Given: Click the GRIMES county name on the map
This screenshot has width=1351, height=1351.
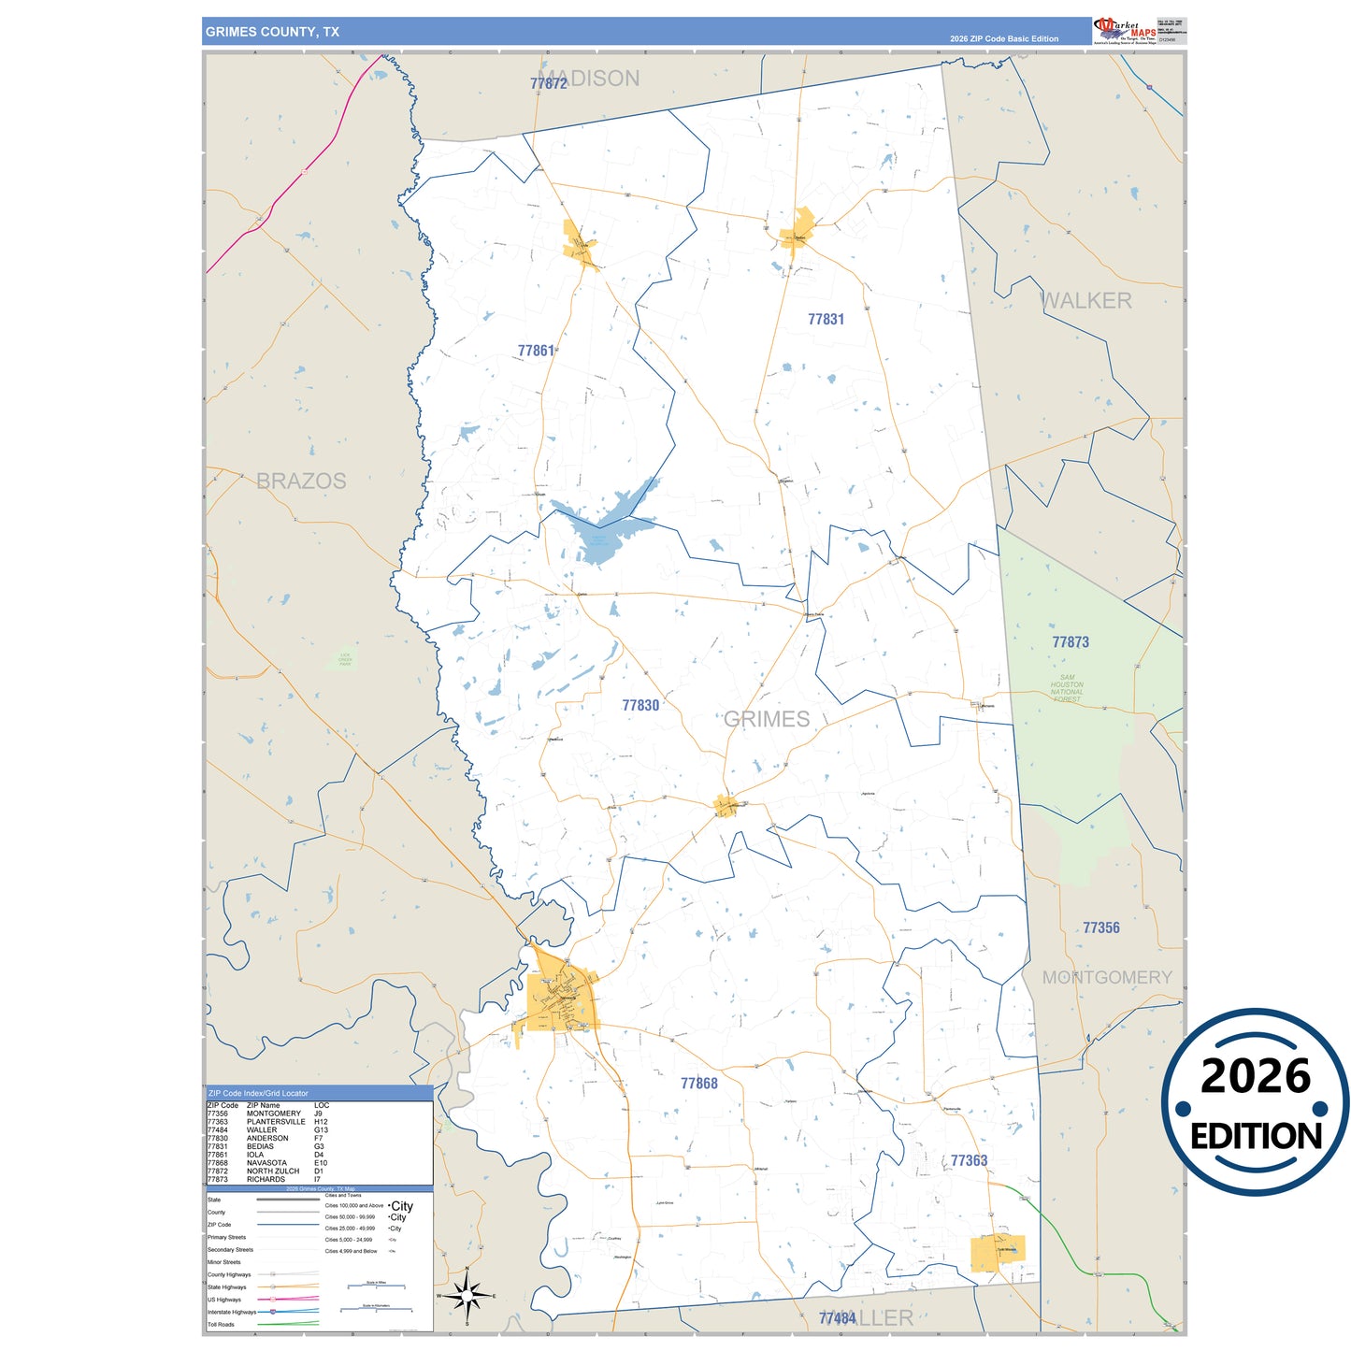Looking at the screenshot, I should tap(767, 719).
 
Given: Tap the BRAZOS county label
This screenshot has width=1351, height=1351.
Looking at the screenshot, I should tap(301, 481).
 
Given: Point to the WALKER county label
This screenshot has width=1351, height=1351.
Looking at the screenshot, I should tap(1085, 301).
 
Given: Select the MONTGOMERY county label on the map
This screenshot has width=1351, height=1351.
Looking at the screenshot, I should tap(1107, 977).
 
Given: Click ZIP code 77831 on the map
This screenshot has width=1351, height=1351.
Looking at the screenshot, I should tap(826, 320).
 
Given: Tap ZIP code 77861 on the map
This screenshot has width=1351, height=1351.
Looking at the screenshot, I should tap(536, 351).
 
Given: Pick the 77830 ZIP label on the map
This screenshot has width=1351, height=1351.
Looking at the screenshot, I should tap(640, 706).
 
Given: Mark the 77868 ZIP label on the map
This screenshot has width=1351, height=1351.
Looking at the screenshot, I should tap(699, 1084).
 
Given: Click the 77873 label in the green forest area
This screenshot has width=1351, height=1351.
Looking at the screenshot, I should tap(1071, 642).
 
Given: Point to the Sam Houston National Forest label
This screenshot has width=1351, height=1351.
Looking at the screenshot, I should tap(1067, 688).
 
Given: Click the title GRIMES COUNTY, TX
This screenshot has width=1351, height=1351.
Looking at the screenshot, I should tap(272, 32).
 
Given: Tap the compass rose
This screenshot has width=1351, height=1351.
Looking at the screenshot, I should tap(467, 1297).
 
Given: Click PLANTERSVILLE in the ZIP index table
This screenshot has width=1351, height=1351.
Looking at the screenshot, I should tap(276, 1122).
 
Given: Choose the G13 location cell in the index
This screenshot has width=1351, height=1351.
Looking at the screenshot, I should tap(320, 1130).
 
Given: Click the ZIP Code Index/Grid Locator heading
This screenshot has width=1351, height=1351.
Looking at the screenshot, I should tap(258, 1093).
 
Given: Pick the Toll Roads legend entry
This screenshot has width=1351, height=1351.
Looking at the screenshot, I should tap(222, 1325).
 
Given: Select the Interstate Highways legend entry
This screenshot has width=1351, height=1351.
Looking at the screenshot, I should tap(232, 1312).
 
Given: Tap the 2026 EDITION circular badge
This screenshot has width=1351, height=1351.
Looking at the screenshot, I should tap(1255, 1103).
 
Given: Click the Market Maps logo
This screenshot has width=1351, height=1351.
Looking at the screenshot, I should tap(1124, 31).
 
